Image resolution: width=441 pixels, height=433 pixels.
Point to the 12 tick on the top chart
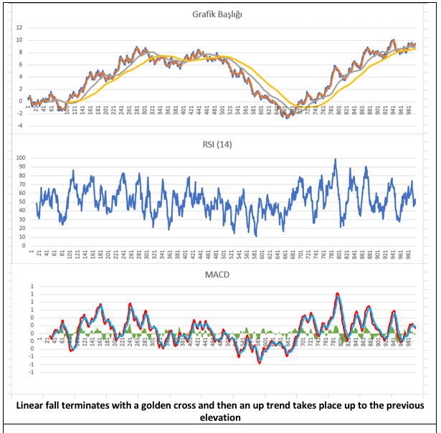click(19, 28)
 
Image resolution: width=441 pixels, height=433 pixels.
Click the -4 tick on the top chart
click(20, 125)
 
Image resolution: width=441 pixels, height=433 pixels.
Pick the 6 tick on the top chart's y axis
click(21, 65)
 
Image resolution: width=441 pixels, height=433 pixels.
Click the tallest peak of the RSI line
click(335, 160)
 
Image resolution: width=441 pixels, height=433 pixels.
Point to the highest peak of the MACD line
click(337, 293)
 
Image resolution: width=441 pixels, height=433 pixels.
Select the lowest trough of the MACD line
click(259, 363)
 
